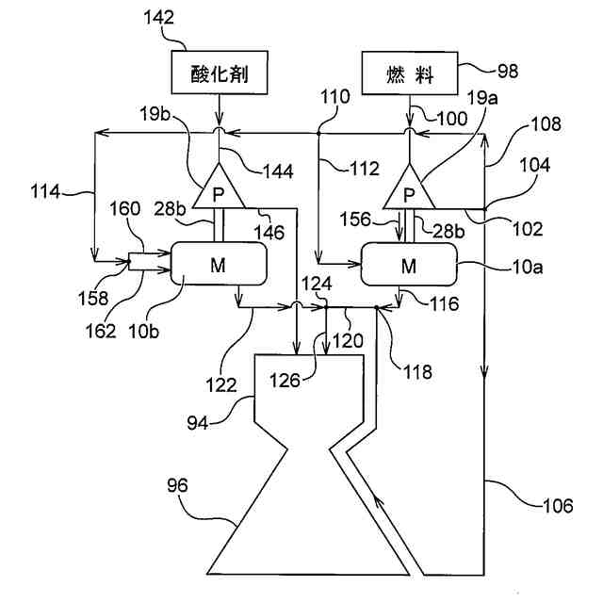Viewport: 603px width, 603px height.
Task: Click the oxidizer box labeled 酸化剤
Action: pos(220,73)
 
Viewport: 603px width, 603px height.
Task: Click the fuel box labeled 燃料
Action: pos(410,73)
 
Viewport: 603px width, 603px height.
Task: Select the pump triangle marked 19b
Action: pos(219,187)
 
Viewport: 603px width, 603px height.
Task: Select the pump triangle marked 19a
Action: pos(409,187)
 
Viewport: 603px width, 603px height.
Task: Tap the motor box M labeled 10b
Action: pos(219,264)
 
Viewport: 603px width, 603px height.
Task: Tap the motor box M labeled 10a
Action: pos(409,265)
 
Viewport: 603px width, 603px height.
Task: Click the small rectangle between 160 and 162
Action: pos(137,262)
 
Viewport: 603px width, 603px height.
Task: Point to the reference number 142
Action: pos(159,17)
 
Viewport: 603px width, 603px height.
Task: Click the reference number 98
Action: pos(508,72)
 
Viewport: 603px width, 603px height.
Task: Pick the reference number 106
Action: pos(558,505)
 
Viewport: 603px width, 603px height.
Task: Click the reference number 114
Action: pos(45,191)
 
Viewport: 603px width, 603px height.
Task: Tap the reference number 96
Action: pos(177,485)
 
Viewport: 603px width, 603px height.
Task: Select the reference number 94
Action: pos(198,423)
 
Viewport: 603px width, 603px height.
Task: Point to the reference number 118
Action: pos(417,372)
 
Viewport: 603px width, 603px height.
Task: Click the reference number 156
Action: pos(355,220)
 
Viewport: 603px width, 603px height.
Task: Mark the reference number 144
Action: pos(278,171)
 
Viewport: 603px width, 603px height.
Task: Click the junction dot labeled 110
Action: pos(318,134)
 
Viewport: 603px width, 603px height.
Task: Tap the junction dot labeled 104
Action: pos(484,209)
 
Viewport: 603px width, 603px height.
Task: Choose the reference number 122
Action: pos(220,385)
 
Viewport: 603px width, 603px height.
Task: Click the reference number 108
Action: pos(546,123)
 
